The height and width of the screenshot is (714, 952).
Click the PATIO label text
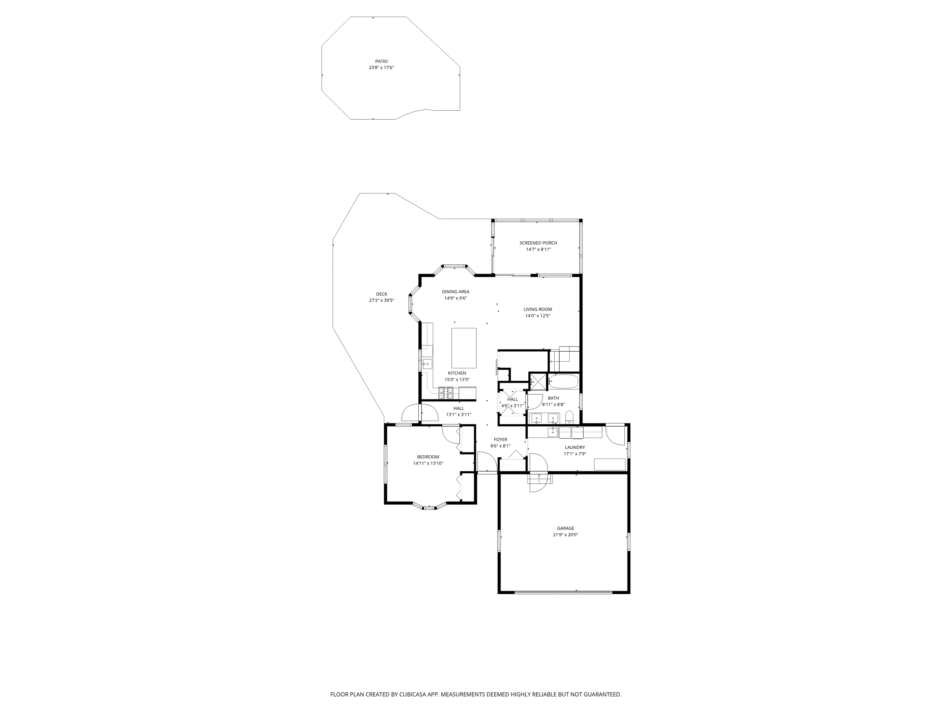click(381, 61)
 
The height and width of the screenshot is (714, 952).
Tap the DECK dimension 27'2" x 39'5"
click(381, 300)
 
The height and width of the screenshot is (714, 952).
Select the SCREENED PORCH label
click(538, 243)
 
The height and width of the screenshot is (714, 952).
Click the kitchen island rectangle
click(464, 348)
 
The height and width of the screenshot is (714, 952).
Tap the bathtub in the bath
click(563, 381)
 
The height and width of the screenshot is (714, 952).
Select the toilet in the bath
click(569, 416)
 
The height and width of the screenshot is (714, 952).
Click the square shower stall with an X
click(538, 381)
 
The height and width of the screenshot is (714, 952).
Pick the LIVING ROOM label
click(538, 310)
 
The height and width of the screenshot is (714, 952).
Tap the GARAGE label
click(565, 528)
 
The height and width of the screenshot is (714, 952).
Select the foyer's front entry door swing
click(486, 463)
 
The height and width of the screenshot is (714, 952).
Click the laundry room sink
click(553, 432)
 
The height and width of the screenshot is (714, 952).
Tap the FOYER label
click(500, 439)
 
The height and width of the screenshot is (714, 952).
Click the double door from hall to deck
click(420, 413)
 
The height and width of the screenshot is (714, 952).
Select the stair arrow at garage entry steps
click(539, 477)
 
